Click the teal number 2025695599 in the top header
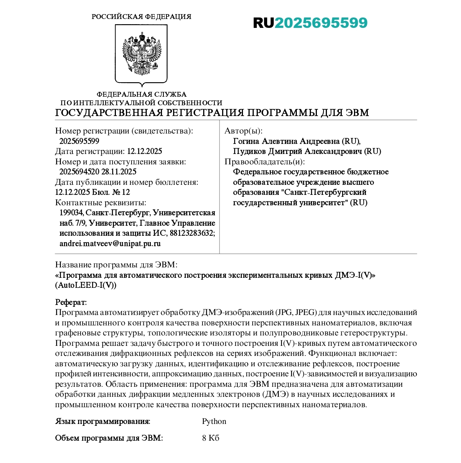coord(321,23)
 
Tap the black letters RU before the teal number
coord(263,23)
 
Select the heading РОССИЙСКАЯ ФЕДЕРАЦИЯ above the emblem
coord(141,17)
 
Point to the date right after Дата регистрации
coord(145,151)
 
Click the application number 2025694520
coord(79,172)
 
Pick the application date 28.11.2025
coord(119,172)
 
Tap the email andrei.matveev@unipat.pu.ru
coord(110,244)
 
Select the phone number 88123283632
coord(192,234)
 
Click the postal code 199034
coord(71,213)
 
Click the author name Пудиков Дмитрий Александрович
coord(297,151)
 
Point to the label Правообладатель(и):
coord(264,162)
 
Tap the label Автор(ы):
coord(243,131)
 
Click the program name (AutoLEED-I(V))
coord(86,285)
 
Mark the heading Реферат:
coord(71,302)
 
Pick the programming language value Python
coord(214,421)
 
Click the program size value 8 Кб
coord(211,438)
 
